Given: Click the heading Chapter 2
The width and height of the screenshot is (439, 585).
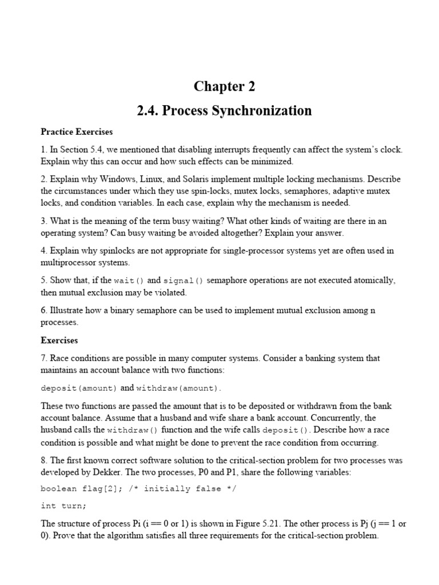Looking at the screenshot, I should coord(224,86).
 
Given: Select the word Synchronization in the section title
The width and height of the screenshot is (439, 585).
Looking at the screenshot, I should coord(266,110).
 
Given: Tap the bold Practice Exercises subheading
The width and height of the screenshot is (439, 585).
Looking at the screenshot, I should coord(77,132).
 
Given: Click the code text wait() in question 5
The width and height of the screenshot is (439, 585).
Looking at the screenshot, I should coord(130,281).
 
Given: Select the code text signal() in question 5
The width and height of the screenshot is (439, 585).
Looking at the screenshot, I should coord(183,281).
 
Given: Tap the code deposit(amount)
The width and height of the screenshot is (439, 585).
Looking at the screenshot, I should coord(79,388).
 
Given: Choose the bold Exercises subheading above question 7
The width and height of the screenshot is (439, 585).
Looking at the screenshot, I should coord(59,340).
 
